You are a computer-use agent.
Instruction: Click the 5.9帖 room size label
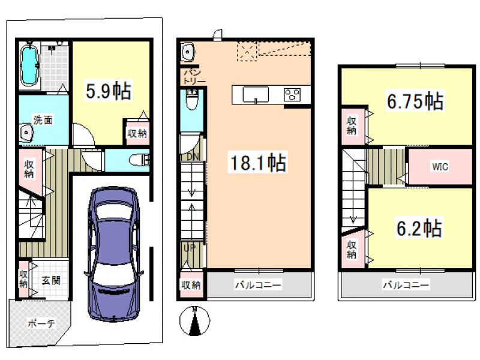[109, 91]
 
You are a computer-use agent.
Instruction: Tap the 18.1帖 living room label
[258, 162]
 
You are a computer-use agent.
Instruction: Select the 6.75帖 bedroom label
[415, 101]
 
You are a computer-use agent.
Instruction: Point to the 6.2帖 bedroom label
[419, 228]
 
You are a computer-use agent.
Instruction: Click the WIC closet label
[440, 167]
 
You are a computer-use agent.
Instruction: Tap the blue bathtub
[30, 65]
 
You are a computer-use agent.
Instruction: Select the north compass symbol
[194, 321]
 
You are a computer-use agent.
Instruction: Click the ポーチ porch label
[41, 323]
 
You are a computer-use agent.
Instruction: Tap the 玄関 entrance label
[51, 280]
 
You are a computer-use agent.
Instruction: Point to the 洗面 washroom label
[43, 120]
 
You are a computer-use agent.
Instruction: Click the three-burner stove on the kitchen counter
[292, 94]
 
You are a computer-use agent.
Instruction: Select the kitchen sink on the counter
[256, 95]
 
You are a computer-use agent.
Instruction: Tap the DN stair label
[193, 157]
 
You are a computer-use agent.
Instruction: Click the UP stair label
[190, 248]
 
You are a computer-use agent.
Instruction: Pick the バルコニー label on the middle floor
[258, 285]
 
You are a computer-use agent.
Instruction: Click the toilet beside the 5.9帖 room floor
[139, 160]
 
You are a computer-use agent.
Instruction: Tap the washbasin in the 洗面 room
[26, 133]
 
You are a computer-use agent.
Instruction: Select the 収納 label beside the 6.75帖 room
[352, 126]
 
